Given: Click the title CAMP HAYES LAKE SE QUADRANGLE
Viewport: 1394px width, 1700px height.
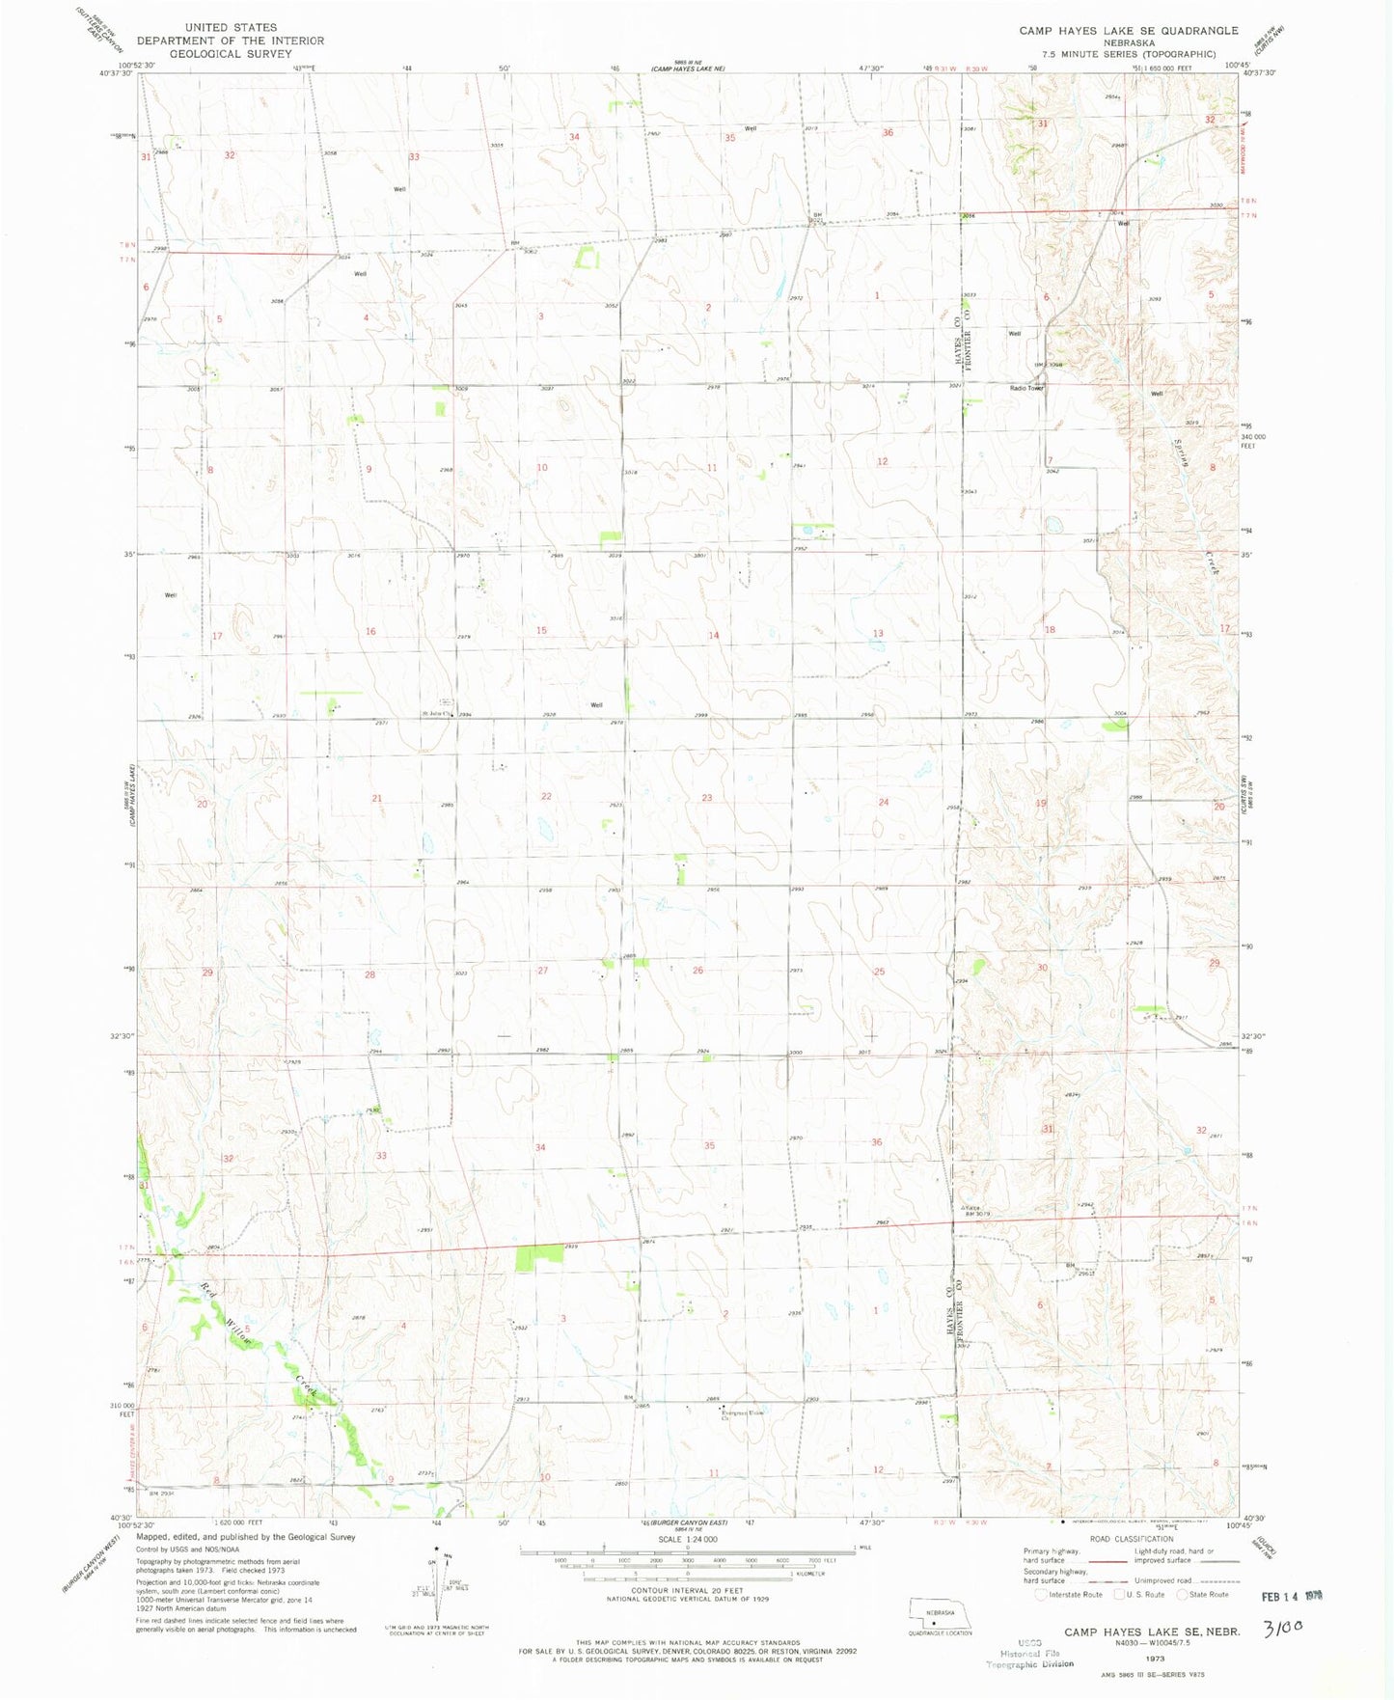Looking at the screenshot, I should click(1129, 31).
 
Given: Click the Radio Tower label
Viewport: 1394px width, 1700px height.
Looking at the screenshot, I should click(1026, 388).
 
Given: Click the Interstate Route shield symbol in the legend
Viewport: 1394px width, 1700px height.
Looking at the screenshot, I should click(1041, 1595).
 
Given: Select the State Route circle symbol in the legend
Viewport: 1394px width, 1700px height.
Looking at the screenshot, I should click(1183, 1595).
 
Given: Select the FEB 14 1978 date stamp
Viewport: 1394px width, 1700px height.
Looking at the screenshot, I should click(1292, 1597).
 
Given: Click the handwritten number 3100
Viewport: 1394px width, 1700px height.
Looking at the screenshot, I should click(1283, 1629).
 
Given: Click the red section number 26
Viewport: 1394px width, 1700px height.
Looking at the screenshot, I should click(697, 970).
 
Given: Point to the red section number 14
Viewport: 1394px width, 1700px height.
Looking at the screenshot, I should click(714, 635).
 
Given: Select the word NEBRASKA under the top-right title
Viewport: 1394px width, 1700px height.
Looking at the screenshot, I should click(1129, 42).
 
